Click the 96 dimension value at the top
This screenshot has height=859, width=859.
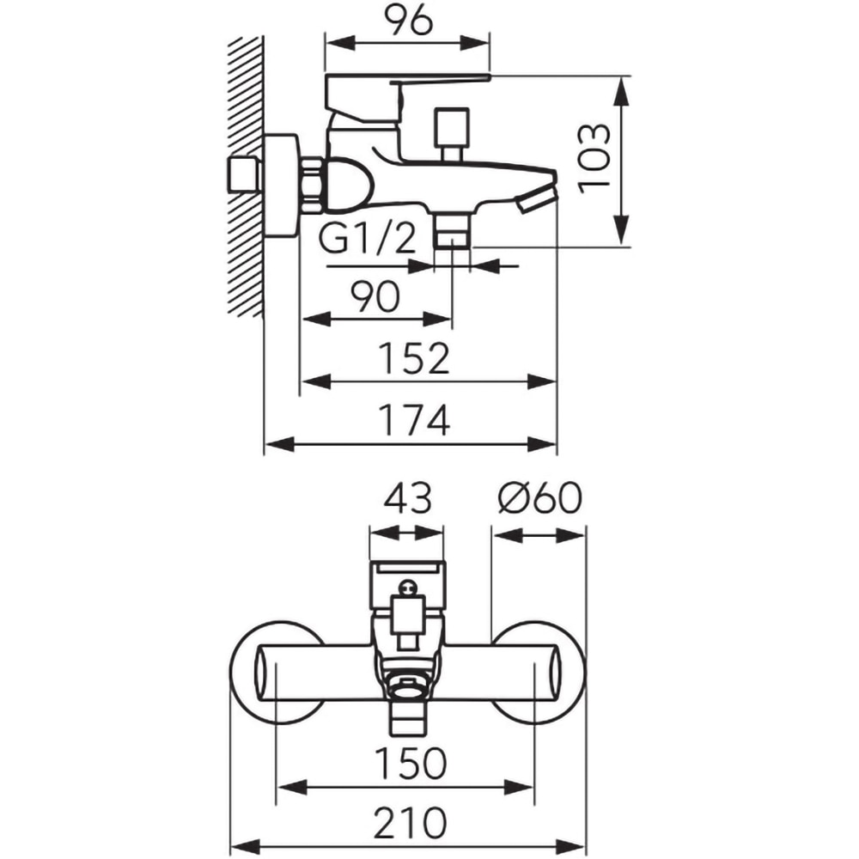point(407,22)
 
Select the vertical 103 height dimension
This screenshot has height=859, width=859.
point(595,158)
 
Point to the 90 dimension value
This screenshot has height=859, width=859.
point(376,296)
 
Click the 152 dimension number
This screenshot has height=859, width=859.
point(415,359)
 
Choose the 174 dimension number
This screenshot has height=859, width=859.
point(415,420)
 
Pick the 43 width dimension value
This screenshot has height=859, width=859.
point(407,498)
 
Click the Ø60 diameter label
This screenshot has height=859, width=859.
point(540,497)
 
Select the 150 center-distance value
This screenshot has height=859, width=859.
point(411,763)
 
